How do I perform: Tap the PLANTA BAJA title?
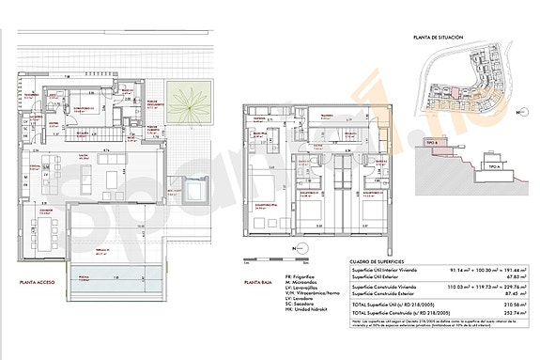point(259,282)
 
